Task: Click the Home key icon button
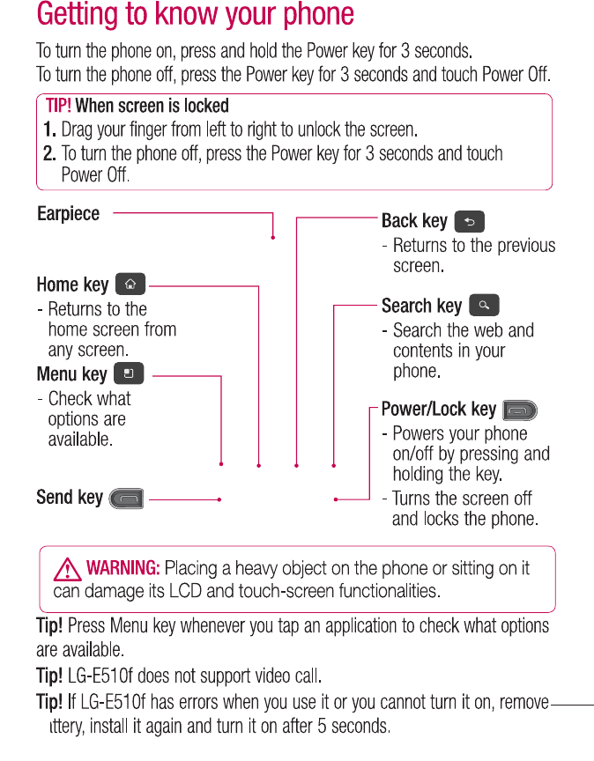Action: point(130,284)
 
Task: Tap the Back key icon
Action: point(469,221)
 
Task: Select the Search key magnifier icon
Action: point(484,306)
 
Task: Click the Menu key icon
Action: point(129,374)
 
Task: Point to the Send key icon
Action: point(127,499)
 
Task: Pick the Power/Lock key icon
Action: point(520,410)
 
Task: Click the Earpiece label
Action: point(69,214)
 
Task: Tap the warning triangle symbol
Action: point(68,568)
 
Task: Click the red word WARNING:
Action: point(123,568)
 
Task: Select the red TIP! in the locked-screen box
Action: point(58,107)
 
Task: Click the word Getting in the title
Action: point(82,15)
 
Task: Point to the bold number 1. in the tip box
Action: point(50,130)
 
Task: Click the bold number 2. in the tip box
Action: point(50,154)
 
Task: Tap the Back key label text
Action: point(414,221)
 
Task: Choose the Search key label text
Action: point(421,307)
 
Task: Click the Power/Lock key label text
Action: point(439,410)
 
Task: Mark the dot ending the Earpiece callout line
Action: point(273,238)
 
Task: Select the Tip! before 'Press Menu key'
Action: point(49,627)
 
